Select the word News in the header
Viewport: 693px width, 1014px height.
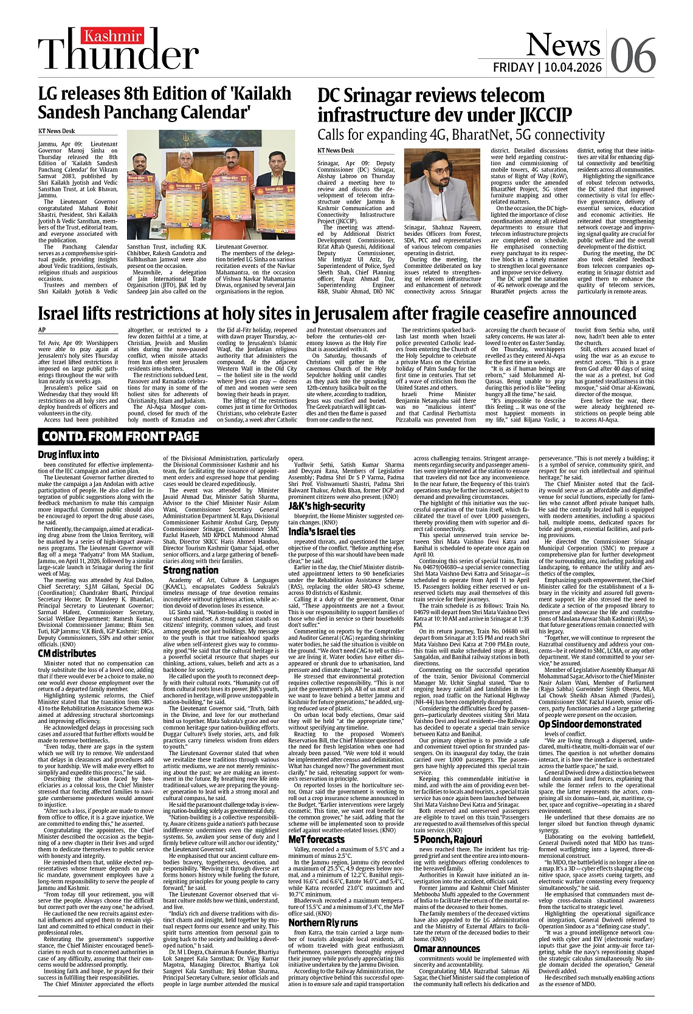[554, 44]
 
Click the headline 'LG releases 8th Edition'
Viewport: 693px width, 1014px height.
[165, 103]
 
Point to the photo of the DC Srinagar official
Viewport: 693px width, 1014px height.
[442, 186]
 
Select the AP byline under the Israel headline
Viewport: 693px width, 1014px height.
[42, 329]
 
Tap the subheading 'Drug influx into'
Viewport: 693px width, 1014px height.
[68, 454]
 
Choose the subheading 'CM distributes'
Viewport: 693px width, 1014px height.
[67, 653]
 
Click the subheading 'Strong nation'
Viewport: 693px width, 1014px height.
[190, 570]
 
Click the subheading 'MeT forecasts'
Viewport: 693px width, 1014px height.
[316, 839]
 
